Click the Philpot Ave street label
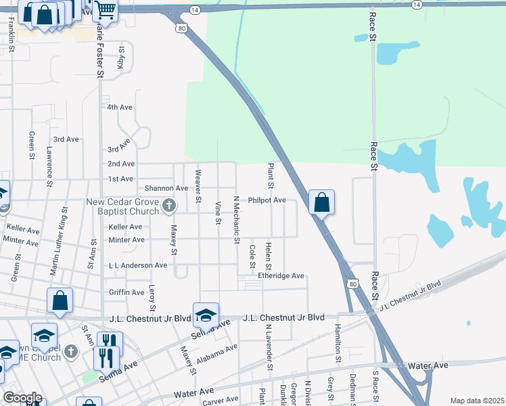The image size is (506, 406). pyautogui.click(x=267, y=200)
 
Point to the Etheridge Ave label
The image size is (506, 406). pyautogui.click(x=281, y=276)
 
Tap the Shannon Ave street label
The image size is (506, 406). pyautogui.click(x=162, y=188)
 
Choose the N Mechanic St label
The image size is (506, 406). pyautogui.click(x=236, y=220)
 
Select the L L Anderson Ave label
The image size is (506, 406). pyautogui.click(x=137, y=266)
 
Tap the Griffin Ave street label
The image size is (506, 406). pyautogui.click(x=127, y=293)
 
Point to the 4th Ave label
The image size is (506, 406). pyautogui.click(x=120, y=108)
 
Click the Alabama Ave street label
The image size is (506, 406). pyautogui.click(x=217, y=354)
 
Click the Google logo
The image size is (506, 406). pyautogui.click(x=22, y=398)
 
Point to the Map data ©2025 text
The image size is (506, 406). pyautogui.click(x=476, y=401)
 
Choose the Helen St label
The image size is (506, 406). pyautogui.click(x=269, y=258)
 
